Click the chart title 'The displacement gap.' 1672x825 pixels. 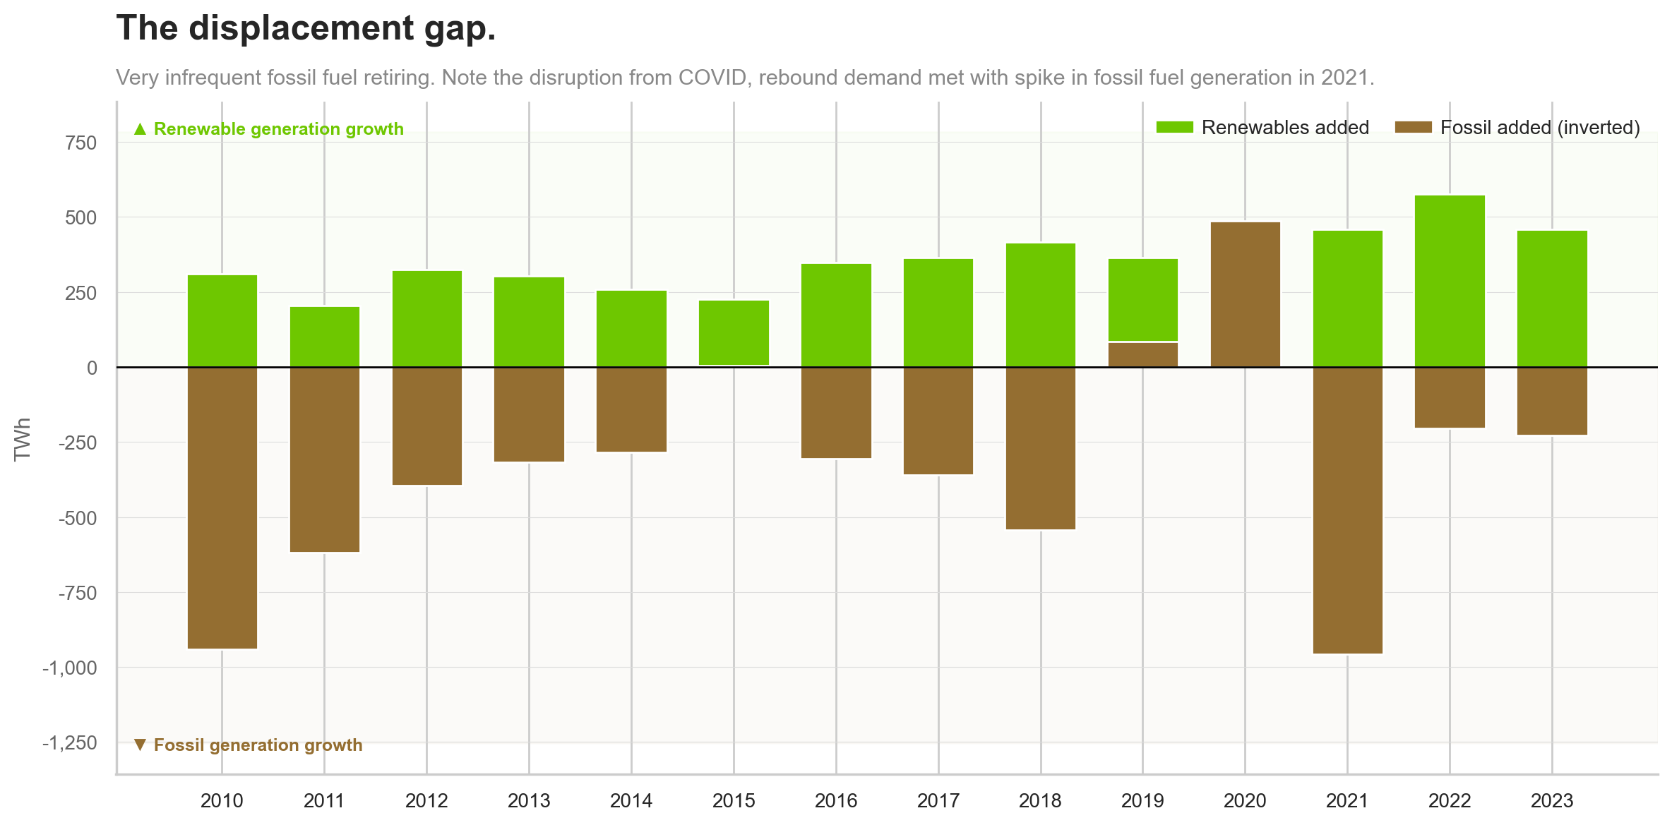pos(306,29)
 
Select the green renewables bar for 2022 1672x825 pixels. pos(1450,281)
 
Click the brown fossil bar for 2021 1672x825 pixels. pos(1347,510)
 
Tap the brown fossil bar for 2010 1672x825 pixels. pos(222,507)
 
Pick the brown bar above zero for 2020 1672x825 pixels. pos(1245,294)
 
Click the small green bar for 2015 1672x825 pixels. pos(734,332)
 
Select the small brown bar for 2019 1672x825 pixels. pos(1142,354)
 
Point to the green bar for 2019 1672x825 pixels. pos(1142,299)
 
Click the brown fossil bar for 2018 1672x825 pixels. pos(1040,447)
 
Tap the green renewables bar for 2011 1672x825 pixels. pos(325,337)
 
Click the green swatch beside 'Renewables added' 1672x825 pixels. pos(1174,128)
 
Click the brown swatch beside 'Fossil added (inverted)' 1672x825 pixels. pos(1413,128)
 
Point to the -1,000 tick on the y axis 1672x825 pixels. pos(69,668)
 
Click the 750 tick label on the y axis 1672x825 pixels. pos(80,143)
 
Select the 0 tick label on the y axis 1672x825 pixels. pos(92,368)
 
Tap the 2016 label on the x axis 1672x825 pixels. pos(836,800)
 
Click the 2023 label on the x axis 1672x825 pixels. pos(1551,800)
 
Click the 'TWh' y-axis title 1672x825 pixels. pos(23,438)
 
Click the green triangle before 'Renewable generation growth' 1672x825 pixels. pos(140,129)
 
